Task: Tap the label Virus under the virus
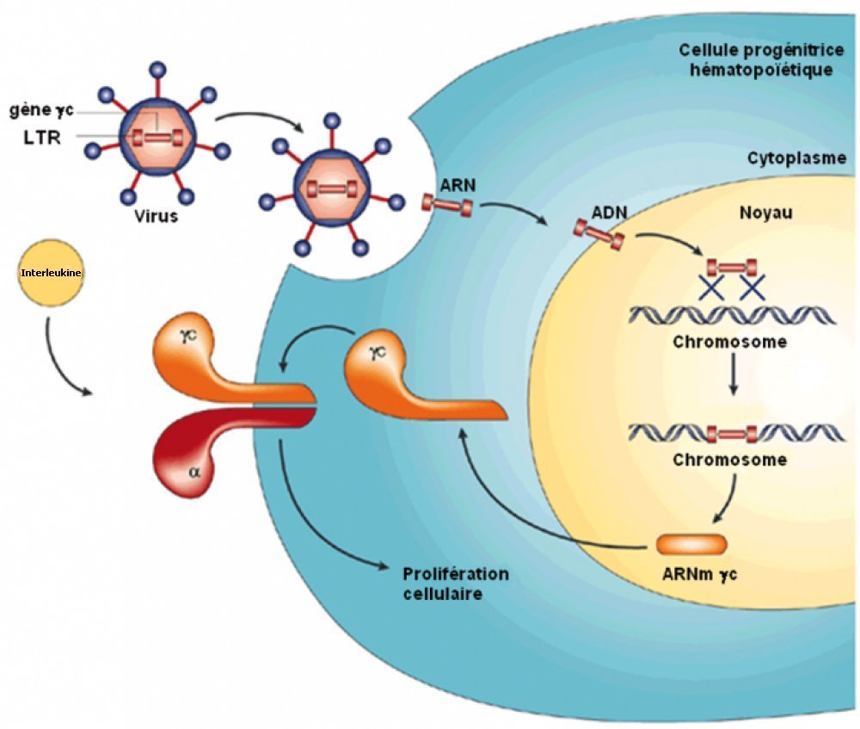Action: point(156,216)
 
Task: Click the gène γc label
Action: point(42,111)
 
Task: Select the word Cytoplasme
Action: point(796,158)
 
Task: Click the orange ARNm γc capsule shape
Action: point(691,544)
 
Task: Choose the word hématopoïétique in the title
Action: point(761,70)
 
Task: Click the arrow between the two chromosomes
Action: point(733,381)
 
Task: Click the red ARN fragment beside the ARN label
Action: point(446,205)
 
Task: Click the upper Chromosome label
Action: point(729,342)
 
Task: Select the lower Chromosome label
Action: point(729,459)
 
